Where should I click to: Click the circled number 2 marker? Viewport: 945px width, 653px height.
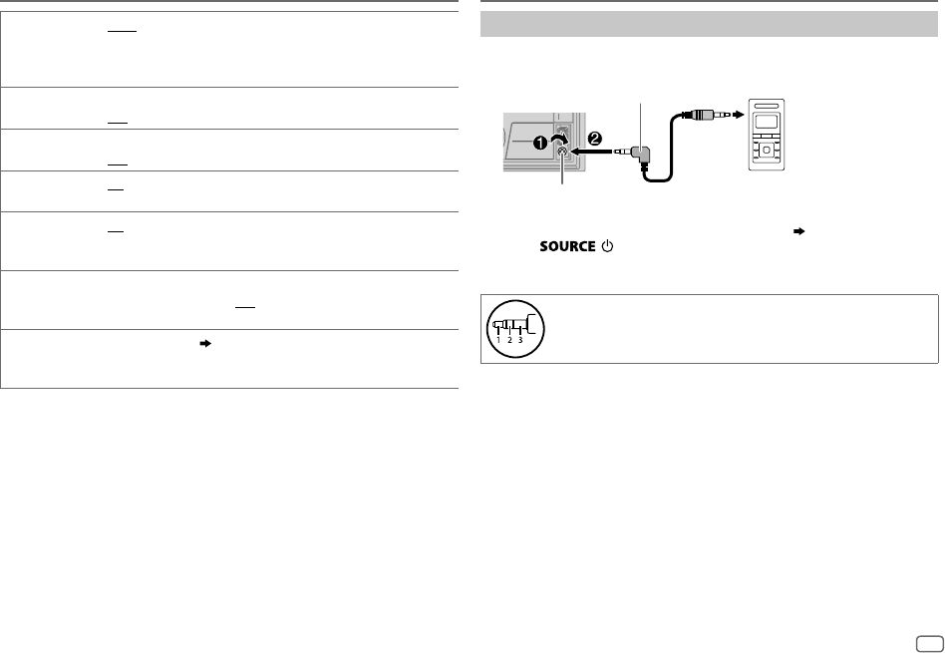click(595, 140)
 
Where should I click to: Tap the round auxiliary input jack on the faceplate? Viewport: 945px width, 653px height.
click(563, 153)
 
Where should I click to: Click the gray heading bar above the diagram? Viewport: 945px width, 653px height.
click(709, 24)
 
